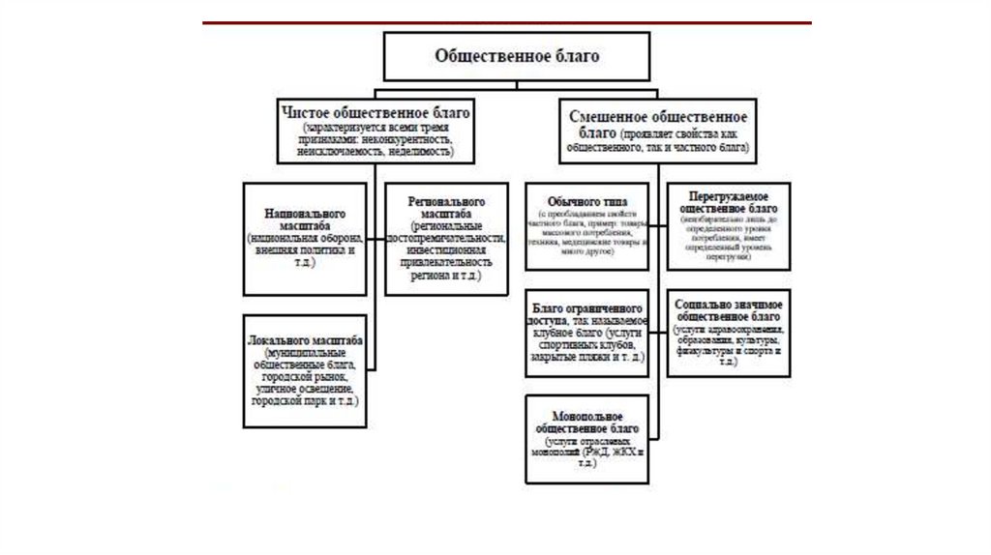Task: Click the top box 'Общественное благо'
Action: point(517,56)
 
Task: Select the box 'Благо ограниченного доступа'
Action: point(586,333)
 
